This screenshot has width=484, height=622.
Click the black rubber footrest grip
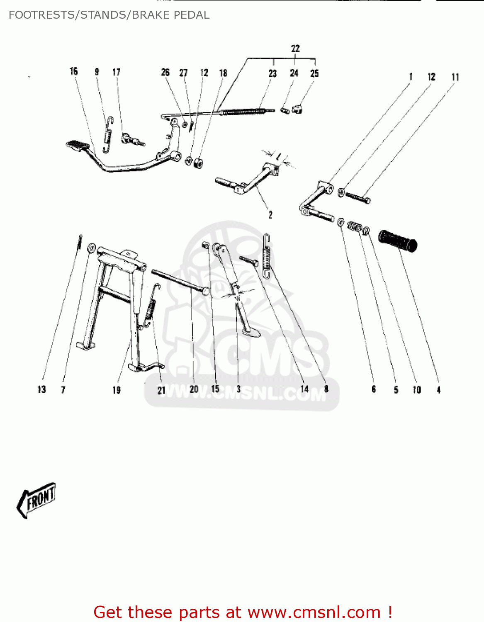(x=398, y=241)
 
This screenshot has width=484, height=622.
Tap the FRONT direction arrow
(x=36, y=499)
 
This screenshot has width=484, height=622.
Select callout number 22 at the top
(x=295, y=49)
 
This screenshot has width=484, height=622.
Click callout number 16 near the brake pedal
(x=74, y=71)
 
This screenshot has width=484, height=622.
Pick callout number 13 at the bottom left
(x=41, y=389)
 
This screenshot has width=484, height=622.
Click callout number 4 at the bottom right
(x=438, y=390)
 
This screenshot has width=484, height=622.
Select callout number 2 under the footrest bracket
(x=270, y=215)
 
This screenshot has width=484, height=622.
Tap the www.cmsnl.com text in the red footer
(x=314, y=612)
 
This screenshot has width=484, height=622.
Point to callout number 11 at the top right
(x=455, y=77)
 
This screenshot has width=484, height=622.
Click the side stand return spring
(x=267, y=256)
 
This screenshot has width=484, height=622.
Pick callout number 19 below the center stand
(x=117, y=390)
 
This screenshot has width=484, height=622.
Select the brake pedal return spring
(x=108, y=134)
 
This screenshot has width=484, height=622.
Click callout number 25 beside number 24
(x=315, y=73)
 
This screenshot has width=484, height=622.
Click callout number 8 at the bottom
(x=326, y=389)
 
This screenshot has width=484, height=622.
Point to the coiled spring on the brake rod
(x=243, y=112)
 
